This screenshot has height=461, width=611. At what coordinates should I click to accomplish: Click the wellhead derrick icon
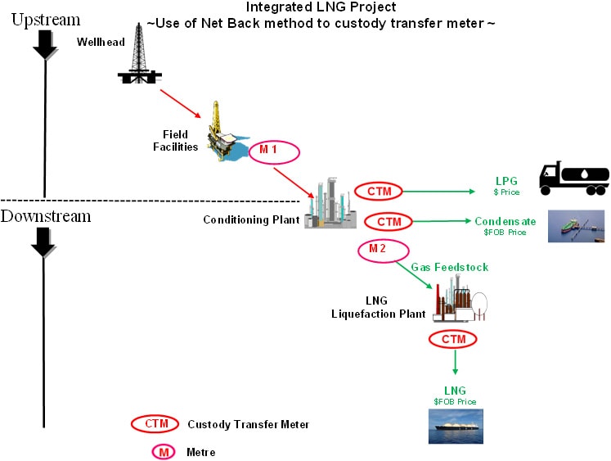[x=138, y=53]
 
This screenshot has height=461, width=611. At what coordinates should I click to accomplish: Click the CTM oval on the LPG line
[x=379, y=191]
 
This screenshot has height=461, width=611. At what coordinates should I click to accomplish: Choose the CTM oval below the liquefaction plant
[x=452, y=338]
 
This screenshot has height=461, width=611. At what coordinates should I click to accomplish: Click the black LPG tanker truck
[x=574, y=178]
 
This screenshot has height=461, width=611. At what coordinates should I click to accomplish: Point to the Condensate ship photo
[x=576, y=224]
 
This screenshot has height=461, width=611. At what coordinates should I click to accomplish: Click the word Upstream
[x=45, y=20]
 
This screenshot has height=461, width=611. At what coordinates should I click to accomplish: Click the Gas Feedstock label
[x=449, y=267]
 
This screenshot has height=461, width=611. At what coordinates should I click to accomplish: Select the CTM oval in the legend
[x=155, y=423]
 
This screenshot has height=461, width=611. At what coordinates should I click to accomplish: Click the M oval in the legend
[x=155, y=451]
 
